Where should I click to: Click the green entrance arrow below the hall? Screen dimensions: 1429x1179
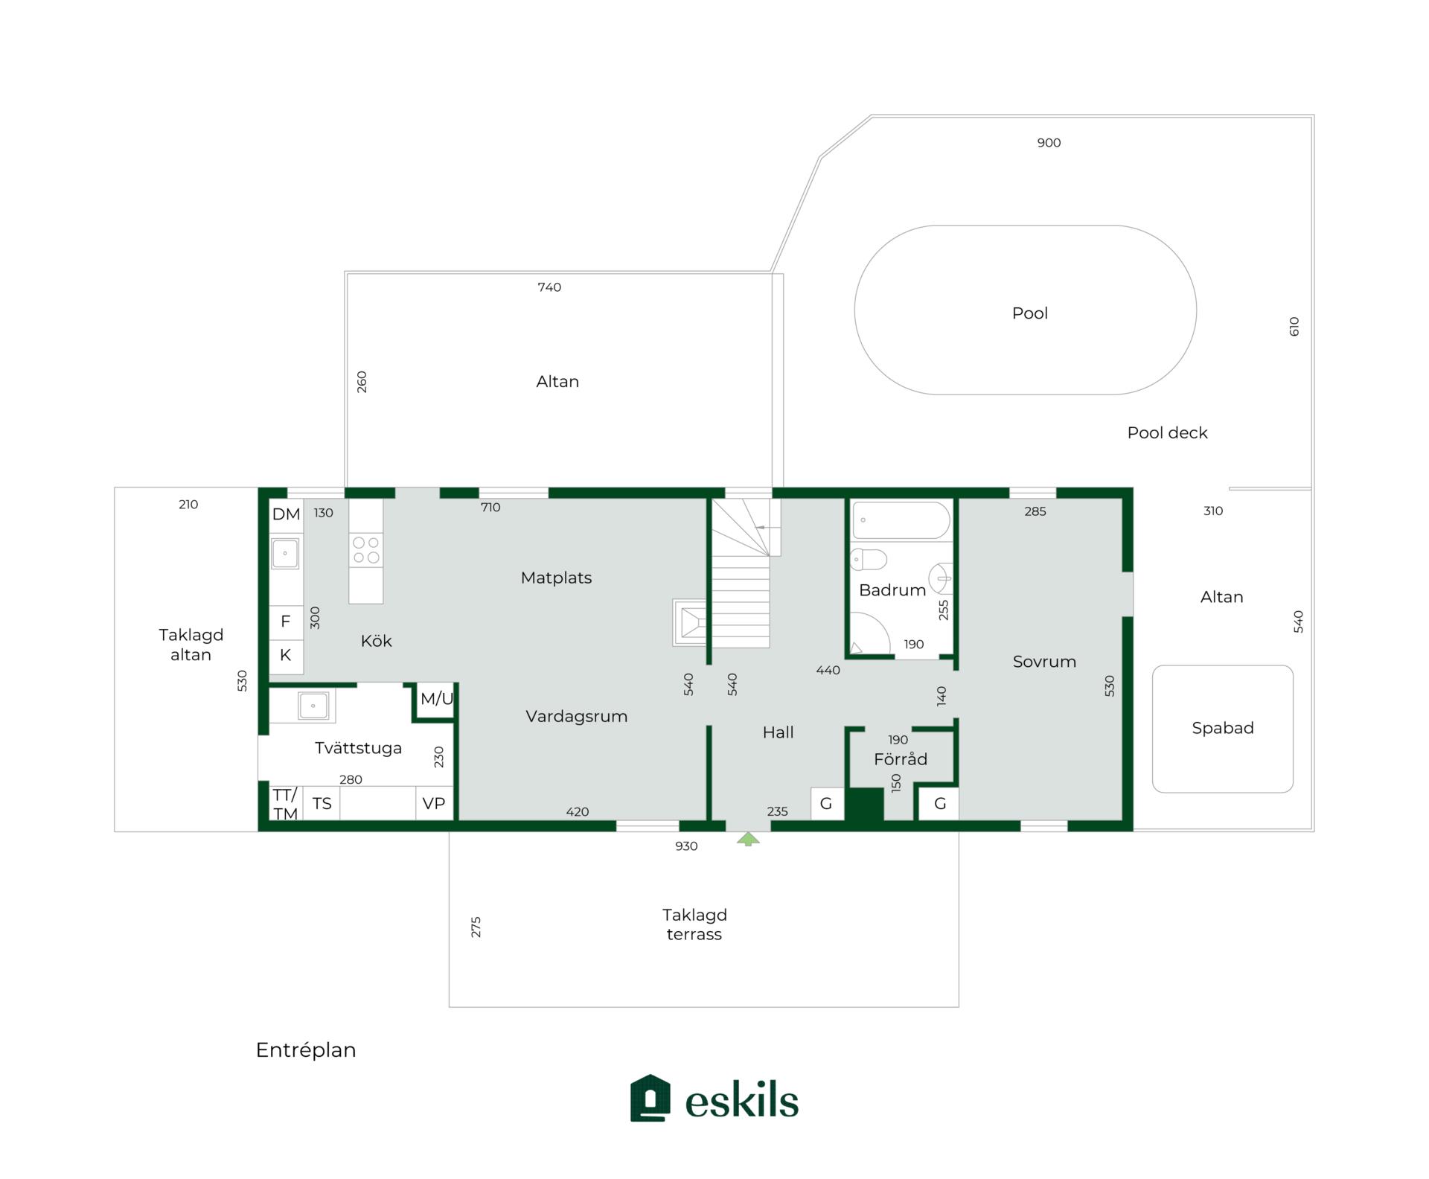coord(748,840)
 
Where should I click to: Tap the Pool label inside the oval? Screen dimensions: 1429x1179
coord(1029,313)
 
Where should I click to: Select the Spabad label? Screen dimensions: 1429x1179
coord(1222,728)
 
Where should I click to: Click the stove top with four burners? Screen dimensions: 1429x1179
coord(366,551)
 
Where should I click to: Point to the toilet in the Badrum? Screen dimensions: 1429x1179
coord(869,559)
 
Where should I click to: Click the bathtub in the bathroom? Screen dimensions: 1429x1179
coord(901,520)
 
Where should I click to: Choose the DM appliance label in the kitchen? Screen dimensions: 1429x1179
coord(286,514)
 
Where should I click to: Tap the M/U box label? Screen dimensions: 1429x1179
coord(436,699)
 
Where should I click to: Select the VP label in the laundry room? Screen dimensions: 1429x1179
coord(434,804)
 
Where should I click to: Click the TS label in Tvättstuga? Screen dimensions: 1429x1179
coord(322,804)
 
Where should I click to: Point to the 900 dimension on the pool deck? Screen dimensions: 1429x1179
coord(1049,143)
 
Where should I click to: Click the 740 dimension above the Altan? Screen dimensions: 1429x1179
coord(549,287)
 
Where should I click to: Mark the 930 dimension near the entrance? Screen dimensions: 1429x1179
coord(686,846)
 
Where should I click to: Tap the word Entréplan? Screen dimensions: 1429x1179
coord(306,1050)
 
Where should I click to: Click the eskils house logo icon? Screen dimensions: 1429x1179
coord(650,1099)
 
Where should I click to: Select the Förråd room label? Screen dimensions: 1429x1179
coord(901,759)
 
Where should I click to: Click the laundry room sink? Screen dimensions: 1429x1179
coord(313,705)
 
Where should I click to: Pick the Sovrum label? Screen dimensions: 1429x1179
coord(1044,662)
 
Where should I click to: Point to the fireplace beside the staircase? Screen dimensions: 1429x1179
coord(689,622)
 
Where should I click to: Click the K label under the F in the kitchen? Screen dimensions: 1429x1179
coord(285,656)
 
